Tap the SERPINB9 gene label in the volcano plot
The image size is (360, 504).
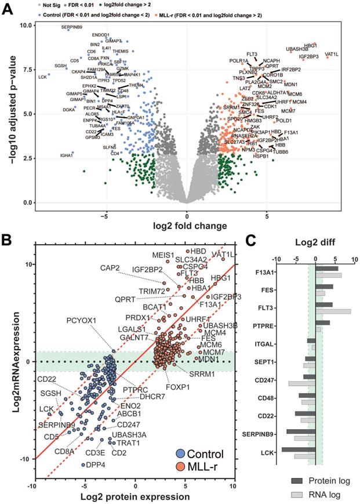pyautogui.click(x=72, y=27)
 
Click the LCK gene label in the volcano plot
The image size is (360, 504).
pyautogui.click(x=42, y=77)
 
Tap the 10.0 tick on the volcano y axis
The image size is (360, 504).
pyautogui.click(x=24, y=26)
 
